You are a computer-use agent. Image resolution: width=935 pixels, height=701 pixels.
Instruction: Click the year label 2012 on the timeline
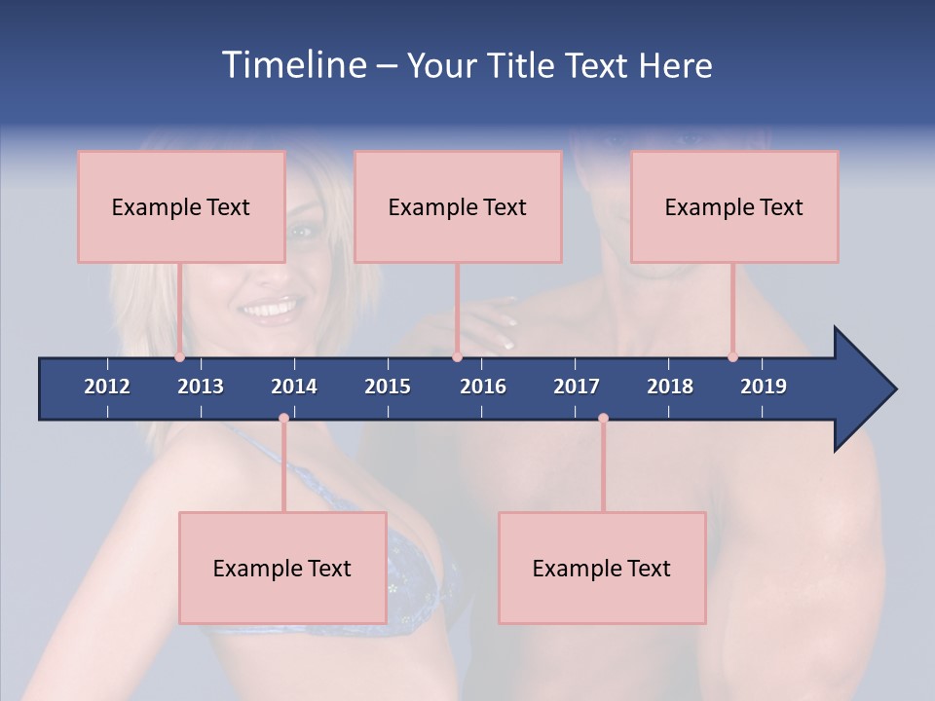(107, 387)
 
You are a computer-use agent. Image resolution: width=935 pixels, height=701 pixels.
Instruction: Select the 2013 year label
(201, 387)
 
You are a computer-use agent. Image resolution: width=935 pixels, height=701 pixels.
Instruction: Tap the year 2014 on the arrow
(294, 387)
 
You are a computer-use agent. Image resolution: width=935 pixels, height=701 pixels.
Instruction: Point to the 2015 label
(388, 387)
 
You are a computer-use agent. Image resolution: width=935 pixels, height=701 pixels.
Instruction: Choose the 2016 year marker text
(483, 387)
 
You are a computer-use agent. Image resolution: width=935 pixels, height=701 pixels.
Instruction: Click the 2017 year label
(577, 387)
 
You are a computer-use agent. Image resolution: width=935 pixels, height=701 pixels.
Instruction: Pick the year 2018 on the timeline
(670, 387)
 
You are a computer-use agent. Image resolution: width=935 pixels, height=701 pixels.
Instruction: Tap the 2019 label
(764, 387)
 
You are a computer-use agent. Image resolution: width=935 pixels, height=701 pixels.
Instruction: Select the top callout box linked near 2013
(181, 206)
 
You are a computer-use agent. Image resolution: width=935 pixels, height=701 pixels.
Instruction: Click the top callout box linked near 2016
(458, 206)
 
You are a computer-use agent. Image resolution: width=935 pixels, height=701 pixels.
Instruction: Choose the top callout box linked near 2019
(734, 206)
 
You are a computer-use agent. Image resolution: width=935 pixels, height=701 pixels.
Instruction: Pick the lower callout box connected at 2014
(282, 568)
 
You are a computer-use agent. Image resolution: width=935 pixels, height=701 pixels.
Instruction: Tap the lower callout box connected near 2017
(602, 568)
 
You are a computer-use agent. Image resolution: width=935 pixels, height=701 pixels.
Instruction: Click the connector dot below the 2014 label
(283, 419)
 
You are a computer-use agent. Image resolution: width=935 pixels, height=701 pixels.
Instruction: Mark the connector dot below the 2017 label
(603, 419)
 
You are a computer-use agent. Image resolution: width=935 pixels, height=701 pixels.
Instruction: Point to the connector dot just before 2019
(732, 357)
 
